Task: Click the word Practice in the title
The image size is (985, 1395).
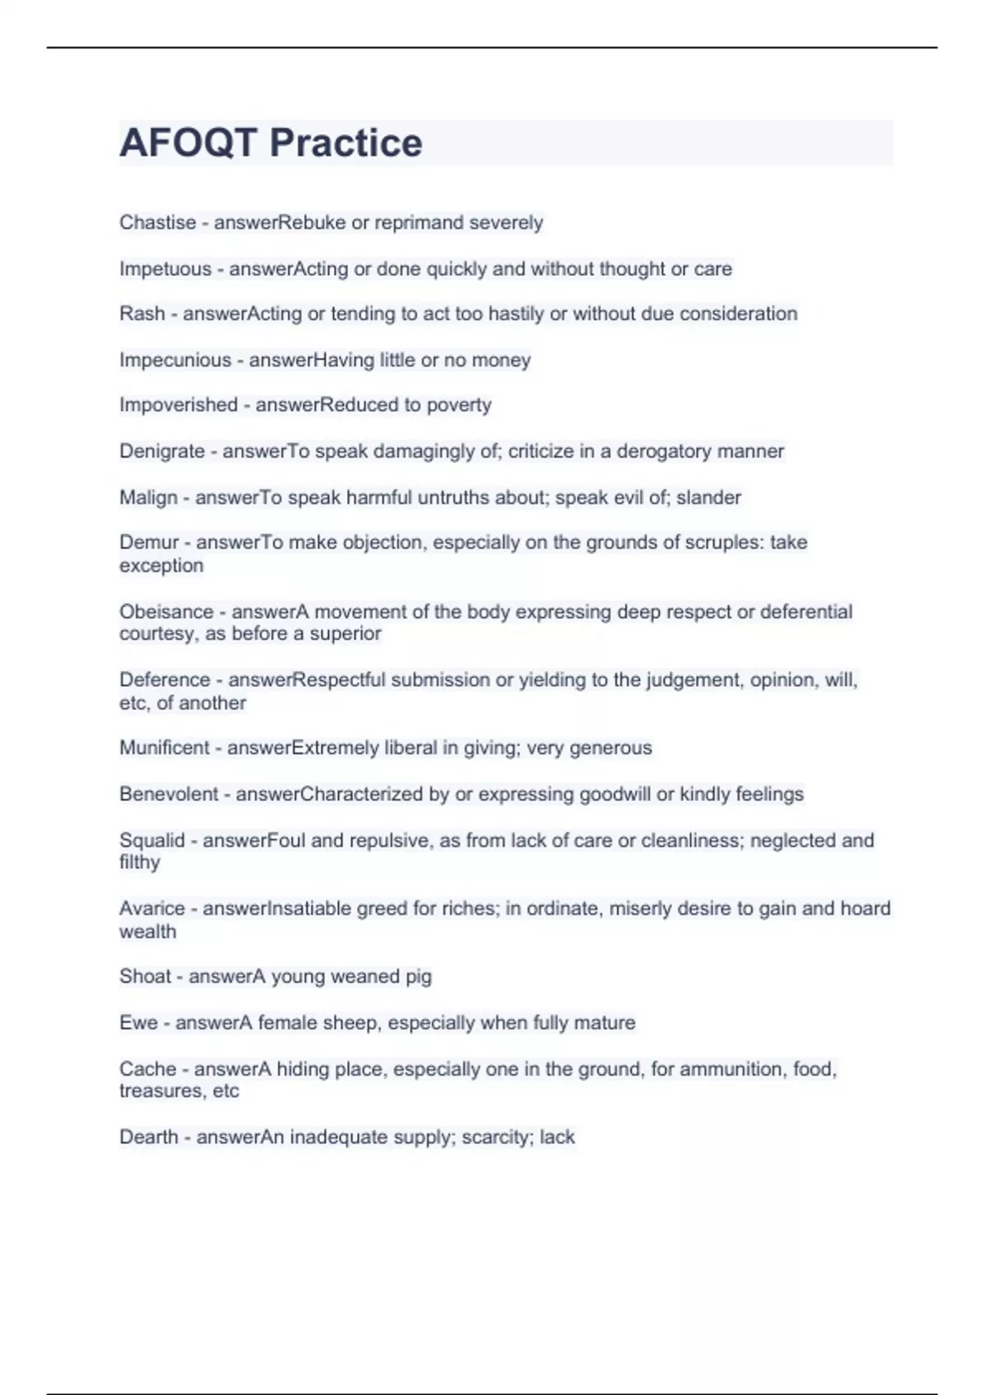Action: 346,143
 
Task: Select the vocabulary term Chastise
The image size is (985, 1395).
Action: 158,222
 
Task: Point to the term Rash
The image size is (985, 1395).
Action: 142,313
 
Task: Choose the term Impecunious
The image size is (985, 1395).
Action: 175,360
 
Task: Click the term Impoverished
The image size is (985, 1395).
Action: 178,405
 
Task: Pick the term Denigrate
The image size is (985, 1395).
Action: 162,451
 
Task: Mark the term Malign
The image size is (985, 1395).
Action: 149,497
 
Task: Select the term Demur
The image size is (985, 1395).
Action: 149,542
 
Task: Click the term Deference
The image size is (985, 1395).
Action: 164,679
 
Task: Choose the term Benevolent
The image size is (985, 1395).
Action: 169,794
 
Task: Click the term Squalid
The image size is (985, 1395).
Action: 152,840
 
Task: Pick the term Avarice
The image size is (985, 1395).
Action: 152,908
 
